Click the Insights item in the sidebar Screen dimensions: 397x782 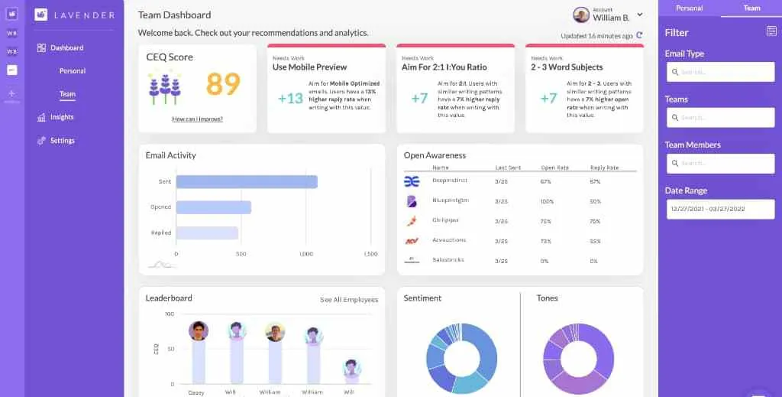pos(61,117)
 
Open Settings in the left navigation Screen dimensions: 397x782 pos(62,141)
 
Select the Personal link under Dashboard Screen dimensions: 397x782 pos(73,71)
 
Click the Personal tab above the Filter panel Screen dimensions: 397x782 pos(689,8)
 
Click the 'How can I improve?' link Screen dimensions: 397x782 pos(197,119)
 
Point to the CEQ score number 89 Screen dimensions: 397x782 pos(223,84)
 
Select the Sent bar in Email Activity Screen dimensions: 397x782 pos(246,182)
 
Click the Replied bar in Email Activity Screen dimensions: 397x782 pos(207,233)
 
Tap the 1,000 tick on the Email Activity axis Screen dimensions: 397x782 pos(305,254)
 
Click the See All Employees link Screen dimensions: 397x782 pos(348,300)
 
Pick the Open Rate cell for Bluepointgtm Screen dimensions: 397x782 pos(545,201)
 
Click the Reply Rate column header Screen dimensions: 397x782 pos(604,168)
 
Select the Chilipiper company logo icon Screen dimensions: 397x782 pos(412,221)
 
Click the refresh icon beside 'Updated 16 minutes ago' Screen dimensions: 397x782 pos(639,35)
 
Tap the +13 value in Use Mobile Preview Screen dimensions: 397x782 pos(290,98)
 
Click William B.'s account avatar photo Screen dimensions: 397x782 pos(581,15)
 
